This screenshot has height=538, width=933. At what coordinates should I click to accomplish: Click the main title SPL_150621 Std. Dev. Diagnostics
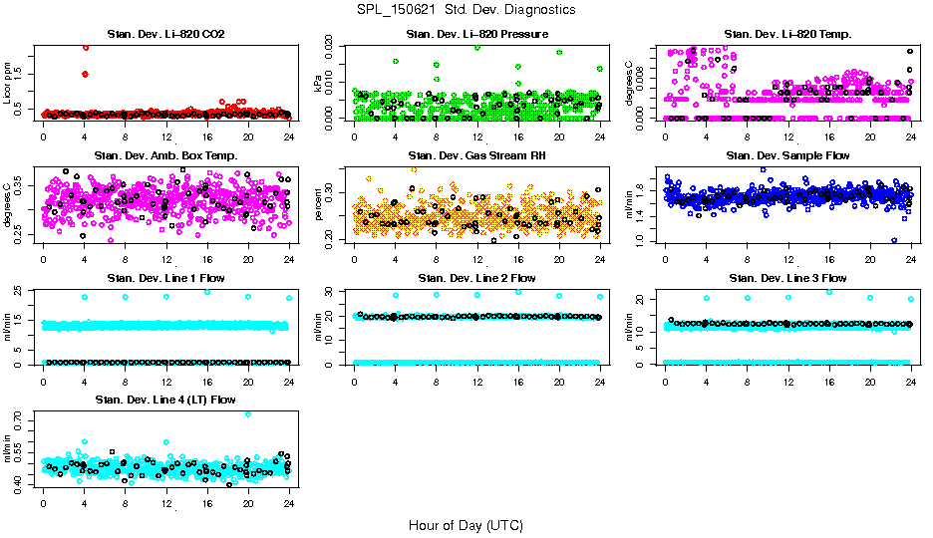click(466, 9)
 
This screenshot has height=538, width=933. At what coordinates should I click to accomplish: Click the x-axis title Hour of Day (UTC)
click(466, 524)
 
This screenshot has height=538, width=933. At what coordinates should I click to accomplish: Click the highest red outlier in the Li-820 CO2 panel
click(86, 47)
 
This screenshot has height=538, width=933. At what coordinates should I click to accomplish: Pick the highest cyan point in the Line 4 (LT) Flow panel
click(248, 413)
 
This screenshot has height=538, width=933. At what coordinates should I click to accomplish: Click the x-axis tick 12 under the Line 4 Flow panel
click(165, 501)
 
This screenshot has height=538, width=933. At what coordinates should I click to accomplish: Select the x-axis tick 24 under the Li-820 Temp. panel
click(911, 134)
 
